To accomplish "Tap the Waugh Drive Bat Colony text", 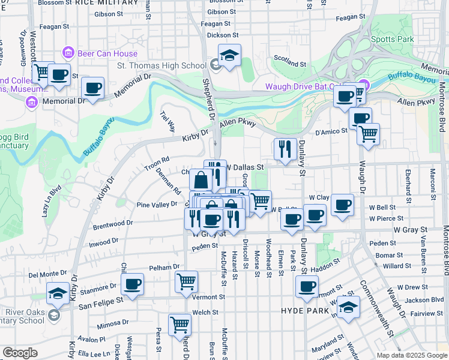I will pos(312,86).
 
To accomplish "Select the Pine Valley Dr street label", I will pos(157,205).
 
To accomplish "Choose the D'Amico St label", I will pos(331,131).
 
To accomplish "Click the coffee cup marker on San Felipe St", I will pos(132,284).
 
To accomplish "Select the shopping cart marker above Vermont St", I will pos(186,281).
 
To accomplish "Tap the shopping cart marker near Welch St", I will pos(179,325).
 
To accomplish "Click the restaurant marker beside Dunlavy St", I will pos(285,148).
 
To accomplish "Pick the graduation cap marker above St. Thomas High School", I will pos(229,55).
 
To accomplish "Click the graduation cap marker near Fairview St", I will pos(348,307).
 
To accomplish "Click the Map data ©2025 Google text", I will pos(411,355).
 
